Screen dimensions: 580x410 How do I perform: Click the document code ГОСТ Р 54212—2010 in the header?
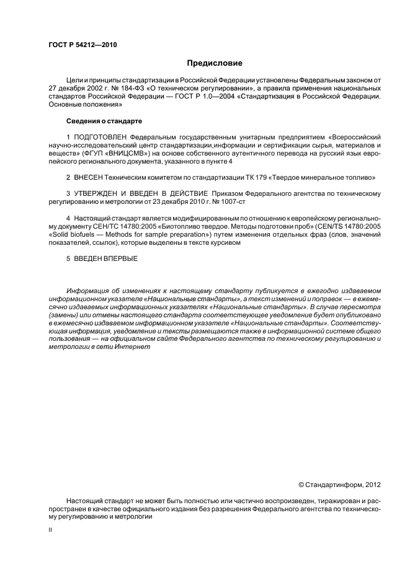coord(82,45)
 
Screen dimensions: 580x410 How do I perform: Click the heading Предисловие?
coord(215,63)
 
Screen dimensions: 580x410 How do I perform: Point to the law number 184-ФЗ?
coord(135,89)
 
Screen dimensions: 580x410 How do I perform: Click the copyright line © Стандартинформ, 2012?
coord(336,484)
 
